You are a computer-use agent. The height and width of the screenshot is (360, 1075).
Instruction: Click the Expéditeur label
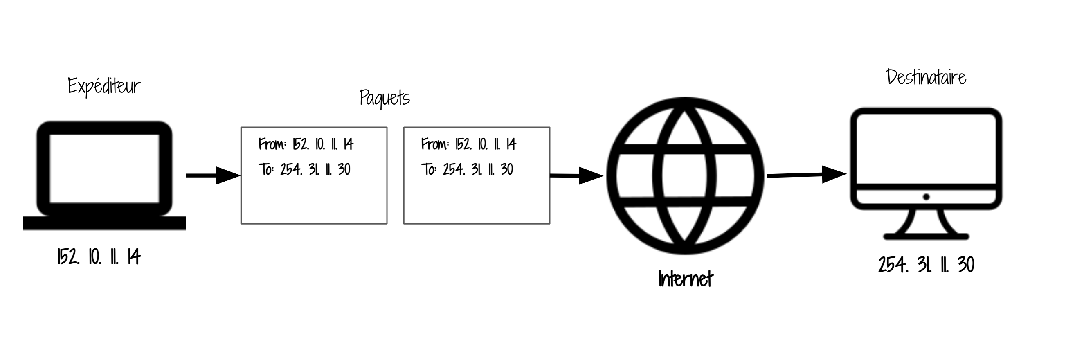click(x=104, y=86)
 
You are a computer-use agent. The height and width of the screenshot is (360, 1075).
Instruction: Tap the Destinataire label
click(x=926, y=78)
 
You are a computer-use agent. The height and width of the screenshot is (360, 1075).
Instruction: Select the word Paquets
click(x=385, y=99)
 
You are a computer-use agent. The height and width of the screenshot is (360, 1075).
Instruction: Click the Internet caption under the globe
click(x=685, y=279)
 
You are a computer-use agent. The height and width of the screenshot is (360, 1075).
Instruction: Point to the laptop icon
click(x=104, y=175)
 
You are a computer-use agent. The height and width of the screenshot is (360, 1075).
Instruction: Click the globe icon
click(x=685, y=175)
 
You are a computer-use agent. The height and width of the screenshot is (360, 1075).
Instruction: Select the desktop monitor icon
click(x=926, y=158)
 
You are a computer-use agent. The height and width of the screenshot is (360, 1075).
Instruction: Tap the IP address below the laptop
click(x=99, y=256)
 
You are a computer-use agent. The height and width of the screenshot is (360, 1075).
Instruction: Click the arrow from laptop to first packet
click(x=213, y=175)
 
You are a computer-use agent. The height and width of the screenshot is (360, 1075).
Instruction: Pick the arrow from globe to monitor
click(x=806, y=175)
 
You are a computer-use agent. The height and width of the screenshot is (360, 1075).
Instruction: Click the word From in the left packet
click(x=272, y=144)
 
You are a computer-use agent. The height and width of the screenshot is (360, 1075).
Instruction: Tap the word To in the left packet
click(x=266, y=169)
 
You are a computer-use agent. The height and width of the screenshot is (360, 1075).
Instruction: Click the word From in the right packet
click(x=434, y=144)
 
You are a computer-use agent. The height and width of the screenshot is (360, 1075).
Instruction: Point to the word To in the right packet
click(x=429, y=169)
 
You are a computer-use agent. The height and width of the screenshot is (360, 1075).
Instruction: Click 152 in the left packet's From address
click(x=301, y=144)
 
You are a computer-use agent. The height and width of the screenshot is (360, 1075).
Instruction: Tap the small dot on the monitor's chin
click(x=926, y=197)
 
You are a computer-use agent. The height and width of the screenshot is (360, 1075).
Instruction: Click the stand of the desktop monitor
click(x=926, y=225)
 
